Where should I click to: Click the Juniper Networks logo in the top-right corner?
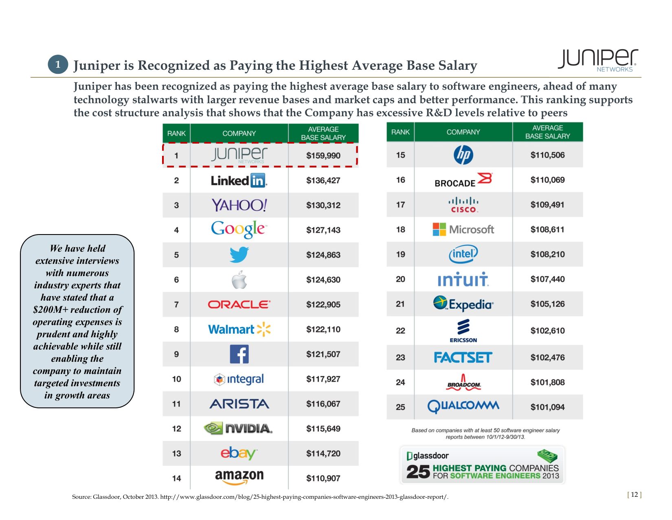click(x=598, y=60)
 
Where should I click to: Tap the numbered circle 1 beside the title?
click(x=58, y=64)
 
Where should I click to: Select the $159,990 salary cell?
click(x=323, y=155)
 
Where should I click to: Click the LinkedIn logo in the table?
click(x=239, y=180)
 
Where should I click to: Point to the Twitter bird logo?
click(x=239, y=255)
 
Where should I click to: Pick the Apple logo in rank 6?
click(x=239, y=280)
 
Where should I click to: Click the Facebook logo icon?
click(x=239, y=354)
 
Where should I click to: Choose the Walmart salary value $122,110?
click(x=323, y=330)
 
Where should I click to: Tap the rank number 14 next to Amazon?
click(x=176, y=478)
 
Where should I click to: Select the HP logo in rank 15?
click(x=463, y=155)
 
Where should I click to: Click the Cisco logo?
click(x=463, y=205)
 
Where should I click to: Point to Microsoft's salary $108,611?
click(x=547, y=230)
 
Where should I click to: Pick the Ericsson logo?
click(x=463, y=330)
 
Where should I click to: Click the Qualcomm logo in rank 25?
click(x=463, y=406)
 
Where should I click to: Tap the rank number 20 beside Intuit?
click(x=400, y=279)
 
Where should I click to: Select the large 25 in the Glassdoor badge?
click(x=418, y=472)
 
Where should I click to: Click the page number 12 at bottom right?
click(x=634, y=495)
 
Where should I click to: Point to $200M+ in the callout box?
click(x=51, y=310)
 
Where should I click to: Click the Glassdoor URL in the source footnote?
click(x=304, y=497)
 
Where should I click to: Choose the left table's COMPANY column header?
click(x=239, y=133)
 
